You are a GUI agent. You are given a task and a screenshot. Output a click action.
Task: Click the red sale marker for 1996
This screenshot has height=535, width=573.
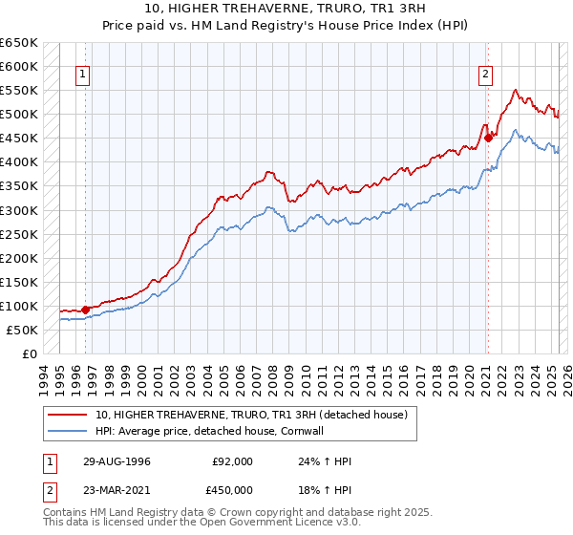[85, 310]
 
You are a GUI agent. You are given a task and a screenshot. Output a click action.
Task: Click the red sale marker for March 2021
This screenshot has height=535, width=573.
[488, 138]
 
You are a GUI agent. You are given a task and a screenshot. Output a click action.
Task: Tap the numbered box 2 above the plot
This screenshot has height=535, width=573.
[486, 75]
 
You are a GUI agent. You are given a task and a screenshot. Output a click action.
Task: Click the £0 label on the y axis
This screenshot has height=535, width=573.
[30, 353]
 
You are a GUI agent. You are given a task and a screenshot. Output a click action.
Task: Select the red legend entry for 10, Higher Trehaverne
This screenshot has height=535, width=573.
[251, 415]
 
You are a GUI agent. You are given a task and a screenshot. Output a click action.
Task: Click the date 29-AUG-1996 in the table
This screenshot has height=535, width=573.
[117, 461]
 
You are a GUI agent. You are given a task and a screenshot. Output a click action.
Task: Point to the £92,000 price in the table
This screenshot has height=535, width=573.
[233, 461]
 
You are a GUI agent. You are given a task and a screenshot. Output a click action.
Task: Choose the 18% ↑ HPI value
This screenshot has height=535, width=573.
[325, 489]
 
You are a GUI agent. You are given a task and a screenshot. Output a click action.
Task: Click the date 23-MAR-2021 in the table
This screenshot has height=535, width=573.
[117, 489]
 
